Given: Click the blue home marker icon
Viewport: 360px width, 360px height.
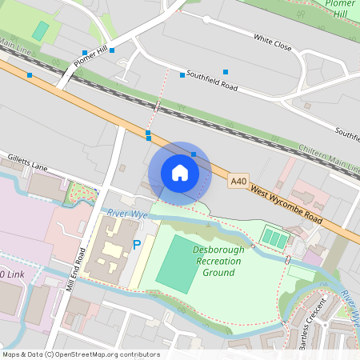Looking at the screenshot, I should click(179, 173).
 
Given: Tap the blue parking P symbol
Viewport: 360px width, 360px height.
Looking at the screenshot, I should click(136, 244).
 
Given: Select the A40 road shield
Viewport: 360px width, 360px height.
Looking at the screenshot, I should click(238, 182).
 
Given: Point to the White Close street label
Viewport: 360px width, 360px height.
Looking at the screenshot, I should click(272, 42).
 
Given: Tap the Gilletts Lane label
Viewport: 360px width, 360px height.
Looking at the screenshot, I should click(28, 162).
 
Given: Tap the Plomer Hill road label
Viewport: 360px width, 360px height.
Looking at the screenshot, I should click(90, 58).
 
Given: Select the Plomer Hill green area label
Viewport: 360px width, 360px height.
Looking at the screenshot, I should click(341, 9).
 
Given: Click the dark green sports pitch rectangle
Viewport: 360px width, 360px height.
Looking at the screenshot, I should click(175, 262).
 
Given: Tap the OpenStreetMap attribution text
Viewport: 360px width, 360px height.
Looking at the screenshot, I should click(80, 354).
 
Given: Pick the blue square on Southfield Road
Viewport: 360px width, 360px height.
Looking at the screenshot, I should click(182, 75).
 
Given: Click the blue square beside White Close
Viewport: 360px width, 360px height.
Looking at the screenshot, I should click(226, 72).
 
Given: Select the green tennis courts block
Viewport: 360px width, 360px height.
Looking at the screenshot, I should click(274, 238).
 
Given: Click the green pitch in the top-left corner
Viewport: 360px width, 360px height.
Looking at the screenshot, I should click(40, 30).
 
